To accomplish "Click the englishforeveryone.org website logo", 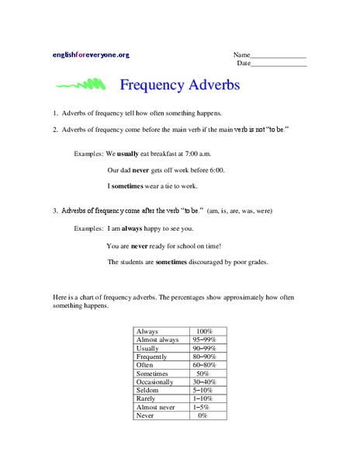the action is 91,55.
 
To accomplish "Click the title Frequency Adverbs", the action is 180,83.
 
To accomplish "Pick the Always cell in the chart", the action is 147,331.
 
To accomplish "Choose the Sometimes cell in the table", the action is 153,374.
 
